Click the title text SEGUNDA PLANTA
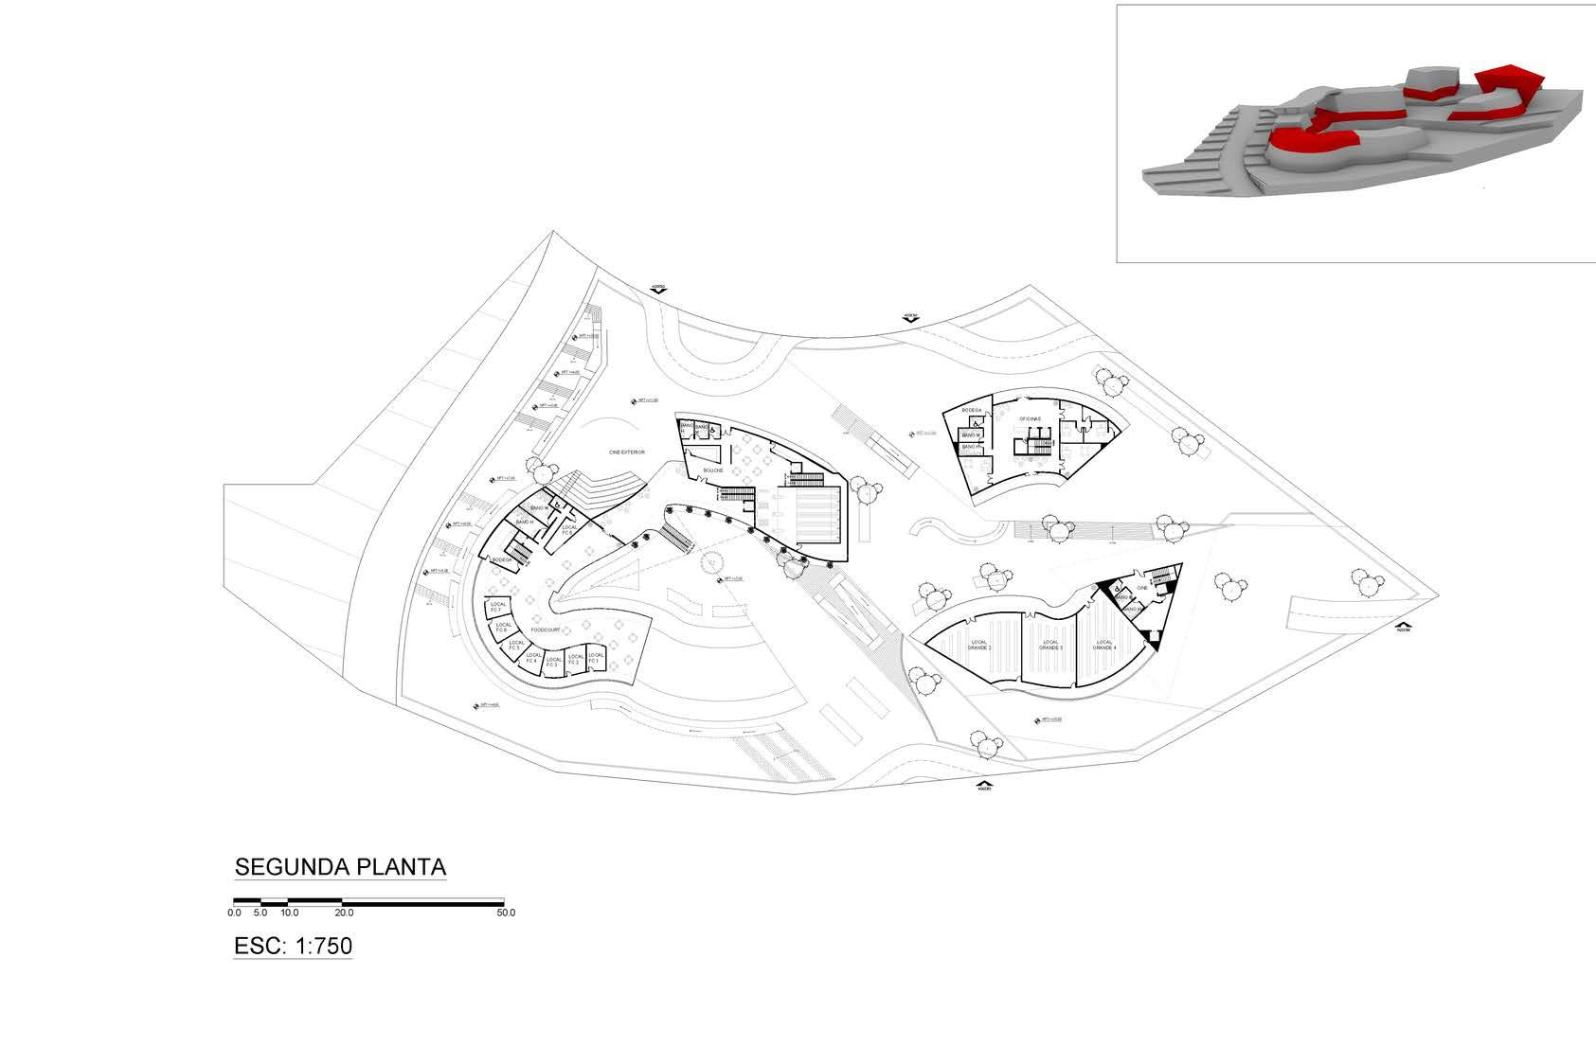click(340, 867)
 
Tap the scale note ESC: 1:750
click(293, 946)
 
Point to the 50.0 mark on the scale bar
click(505, 913)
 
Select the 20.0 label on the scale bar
click(344, 913)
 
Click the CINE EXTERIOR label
click(626, 452)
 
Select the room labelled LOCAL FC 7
click(497, 605)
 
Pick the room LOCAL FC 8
click(568, 529)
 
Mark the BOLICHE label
click(713, 470)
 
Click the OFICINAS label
click(1030, 418)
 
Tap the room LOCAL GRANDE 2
click(979, 646)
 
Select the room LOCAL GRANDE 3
click(1050, 646)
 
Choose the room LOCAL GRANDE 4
click(1104, 646)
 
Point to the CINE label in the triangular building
click(1141, 589)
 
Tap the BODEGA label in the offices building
click(972, 411)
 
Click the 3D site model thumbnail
click(1354, 133)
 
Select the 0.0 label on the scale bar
click(235, 913)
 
